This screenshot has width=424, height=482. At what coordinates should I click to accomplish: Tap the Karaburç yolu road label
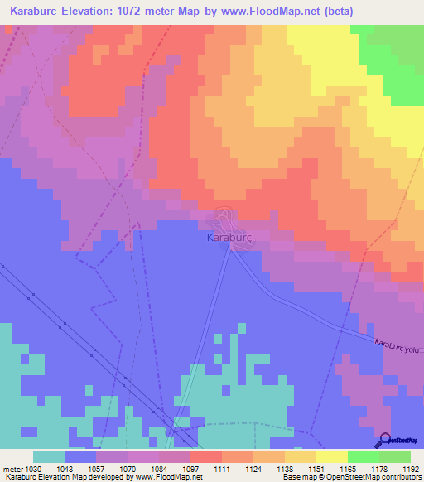[398, 345]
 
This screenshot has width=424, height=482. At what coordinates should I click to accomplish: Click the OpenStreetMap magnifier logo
[384, 441]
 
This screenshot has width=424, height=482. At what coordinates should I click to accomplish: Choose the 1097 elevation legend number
[191, 469]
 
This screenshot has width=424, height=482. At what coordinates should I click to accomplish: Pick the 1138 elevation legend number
[286, 469]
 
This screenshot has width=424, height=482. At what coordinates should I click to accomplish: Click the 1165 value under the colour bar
[349, 469]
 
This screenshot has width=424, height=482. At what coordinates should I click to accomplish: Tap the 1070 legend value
[128, 469]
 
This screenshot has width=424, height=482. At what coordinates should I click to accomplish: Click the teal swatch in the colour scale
[49, 456]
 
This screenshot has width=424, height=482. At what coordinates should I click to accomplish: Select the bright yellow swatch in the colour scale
[331, 456]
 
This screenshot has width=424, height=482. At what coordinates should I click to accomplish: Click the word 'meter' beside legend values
[12, 469]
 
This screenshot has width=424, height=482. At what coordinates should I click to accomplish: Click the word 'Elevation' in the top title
[89, 12]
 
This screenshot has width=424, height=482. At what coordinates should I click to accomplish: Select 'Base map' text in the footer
[296, 477]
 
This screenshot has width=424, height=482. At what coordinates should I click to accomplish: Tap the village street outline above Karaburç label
[222, 219]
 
